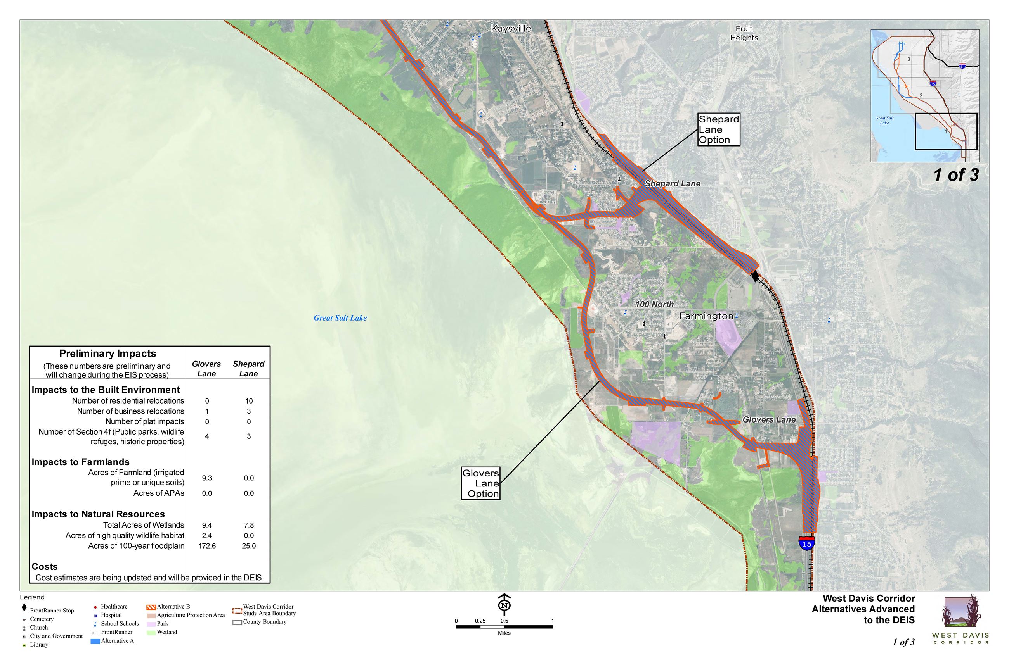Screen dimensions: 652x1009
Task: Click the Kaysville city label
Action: click(510, 29)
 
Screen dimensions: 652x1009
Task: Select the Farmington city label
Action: click(706, 316)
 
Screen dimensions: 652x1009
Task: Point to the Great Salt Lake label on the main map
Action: click(340, 318)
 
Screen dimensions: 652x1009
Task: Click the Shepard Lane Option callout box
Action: click(718, 129)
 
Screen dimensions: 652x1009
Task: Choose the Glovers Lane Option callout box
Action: click(480, 483)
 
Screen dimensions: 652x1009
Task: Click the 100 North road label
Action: click(654, 304)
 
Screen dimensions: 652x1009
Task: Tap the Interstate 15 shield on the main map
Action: click(806, 543)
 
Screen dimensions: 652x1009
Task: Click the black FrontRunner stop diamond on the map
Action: click(754, 276)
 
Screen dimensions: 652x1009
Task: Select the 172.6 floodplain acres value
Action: click(207, 546)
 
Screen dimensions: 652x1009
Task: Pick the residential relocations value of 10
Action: click(249, 401)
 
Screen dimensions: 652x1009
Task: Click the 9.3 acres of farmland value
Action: click(207, 478)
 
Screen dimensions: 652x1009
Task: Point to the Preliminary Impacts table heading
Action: click(107, 354)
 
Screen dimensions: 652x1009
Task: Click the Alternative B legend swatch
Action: click(151, 607)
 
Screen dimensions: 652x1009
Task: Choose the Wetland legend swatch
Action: click(151, 633)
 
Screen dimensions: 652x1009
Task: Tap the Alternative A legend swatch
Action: click(95, 641)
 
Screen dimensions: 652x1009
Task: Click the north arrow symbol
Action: click(504, 604)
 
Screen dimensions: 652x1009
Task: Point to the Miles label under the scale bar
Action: click(504, 633)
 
